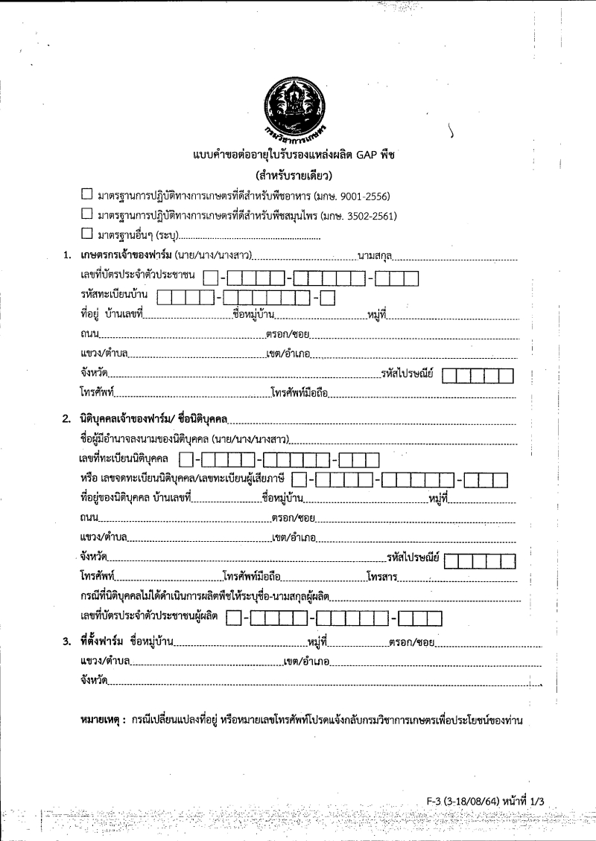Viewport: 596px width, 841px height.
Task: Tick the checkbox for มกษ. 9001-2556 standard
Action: (x=86, y=196)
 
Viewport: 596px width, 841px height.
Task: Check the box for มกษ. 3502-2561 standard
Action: (x=86, y=216)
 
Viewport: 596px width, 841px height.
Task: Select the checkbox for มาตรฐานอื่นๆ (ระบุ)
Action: (x=86, y=236)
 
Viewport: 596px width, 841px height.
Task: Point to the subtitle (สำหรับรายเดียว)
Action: (x=297, y=176)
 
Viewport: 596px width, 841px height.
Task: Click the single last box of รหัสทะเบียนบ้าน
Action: (x=328, y=298)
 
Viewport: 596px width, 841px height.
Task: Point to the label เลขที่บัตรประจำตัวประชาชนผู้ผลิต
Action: (x=149, y=616)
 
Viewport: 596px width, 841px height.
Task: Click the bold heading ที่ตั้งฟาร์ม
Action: (x=101, y=642)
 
